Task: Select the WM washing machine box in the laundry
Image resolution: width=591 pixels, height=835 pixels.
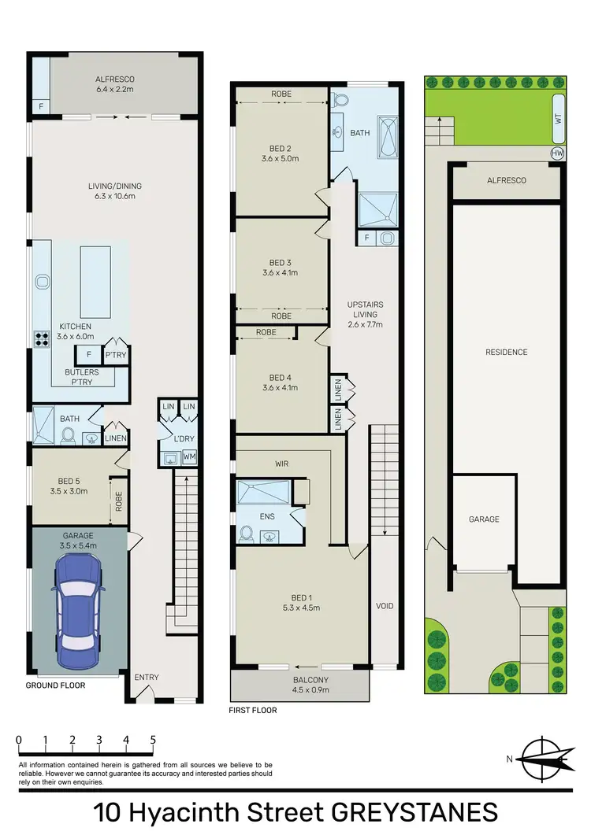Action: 189,456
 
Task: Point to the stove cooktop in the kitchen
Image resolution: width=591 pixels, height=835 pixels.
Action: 42,338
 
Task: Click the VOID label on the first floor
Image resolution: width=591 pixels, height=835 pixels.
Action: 385,606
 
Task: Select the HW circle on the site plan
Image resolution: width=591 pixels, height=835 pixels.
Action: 558,152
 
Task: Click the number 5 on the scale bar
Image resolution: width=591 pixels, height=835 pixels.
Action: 153,740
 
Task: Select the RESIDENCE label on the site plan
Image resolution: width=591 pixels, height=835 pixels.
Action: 506,352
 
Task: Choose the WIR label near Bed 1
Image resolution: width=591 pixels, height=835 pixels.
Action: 282,464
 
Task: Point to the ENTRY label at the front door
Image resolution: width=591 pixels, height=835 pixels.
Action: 147,677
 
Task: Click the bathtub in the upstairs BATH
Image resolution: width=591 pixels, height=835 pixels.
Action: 388,134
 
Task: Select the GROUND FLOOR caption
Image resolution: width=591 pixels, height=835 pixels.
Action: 55,685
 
